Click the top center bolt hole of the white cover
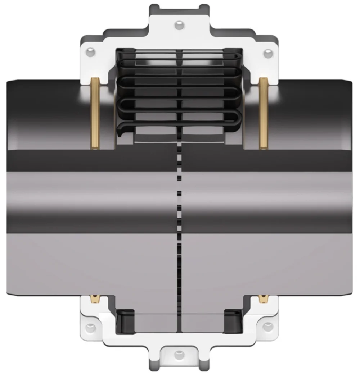pos(179,25)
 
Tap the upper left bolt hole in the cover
pos(90,53)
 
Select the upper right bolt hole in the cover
pos(267,54)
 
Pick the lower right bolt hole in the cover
pos(267,327)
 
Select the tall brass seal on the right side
pos(264,113)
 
